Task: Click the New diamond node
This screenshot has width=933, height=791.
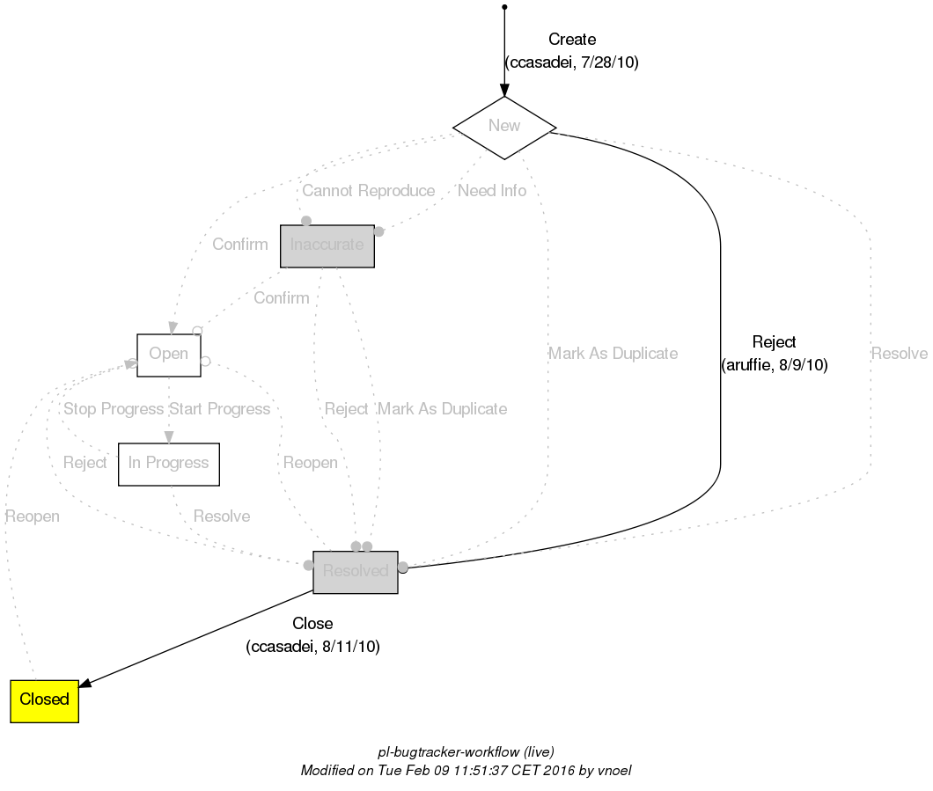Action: [x=504, y=127]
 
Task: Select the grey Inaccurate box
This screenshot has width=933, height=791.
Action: [x=327, y=245]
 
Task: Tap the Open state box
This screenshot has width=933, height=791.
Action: [x=169, y=355]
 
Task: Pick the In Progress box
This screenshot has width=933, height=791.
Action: [x=169, y=464]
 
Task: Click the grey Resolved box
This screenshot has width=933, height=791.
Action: [x=356, y=572]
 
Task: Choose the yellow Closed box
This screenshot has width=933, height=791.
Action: [x=44, y=700]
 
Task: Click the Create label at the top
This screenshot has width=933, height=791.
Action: [x=572, y=40]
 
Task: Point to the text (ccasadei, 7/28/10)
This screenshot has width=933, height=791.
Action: [x=572, y=62]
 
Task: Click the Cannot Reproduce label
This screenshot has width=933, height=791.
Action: [x=368, y=191]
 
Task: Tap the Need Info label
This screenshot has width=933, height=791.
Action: [x=491, y=191]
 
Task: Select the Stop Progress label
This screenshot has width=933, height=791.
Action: [x=113, y=409]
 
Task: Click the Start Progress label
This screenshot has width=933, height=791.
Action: [x=219, y=409]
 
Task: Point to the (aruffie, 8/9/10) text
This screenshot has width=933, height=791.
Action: [x=775, y=365]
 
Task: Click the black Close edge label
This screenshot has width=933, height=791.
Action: [x=312, y=624]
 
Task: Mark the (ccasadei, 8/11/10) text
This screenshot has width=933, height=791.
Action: [x=312, y=647]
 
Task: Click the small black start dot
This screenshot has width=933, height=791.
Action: [x=503, y=7]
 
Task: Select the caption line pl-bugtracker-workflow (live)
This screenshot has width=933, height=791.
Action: [x=466, y=752]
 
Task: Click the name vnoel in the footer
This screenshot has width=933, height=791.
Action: [x=614, y=770]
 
